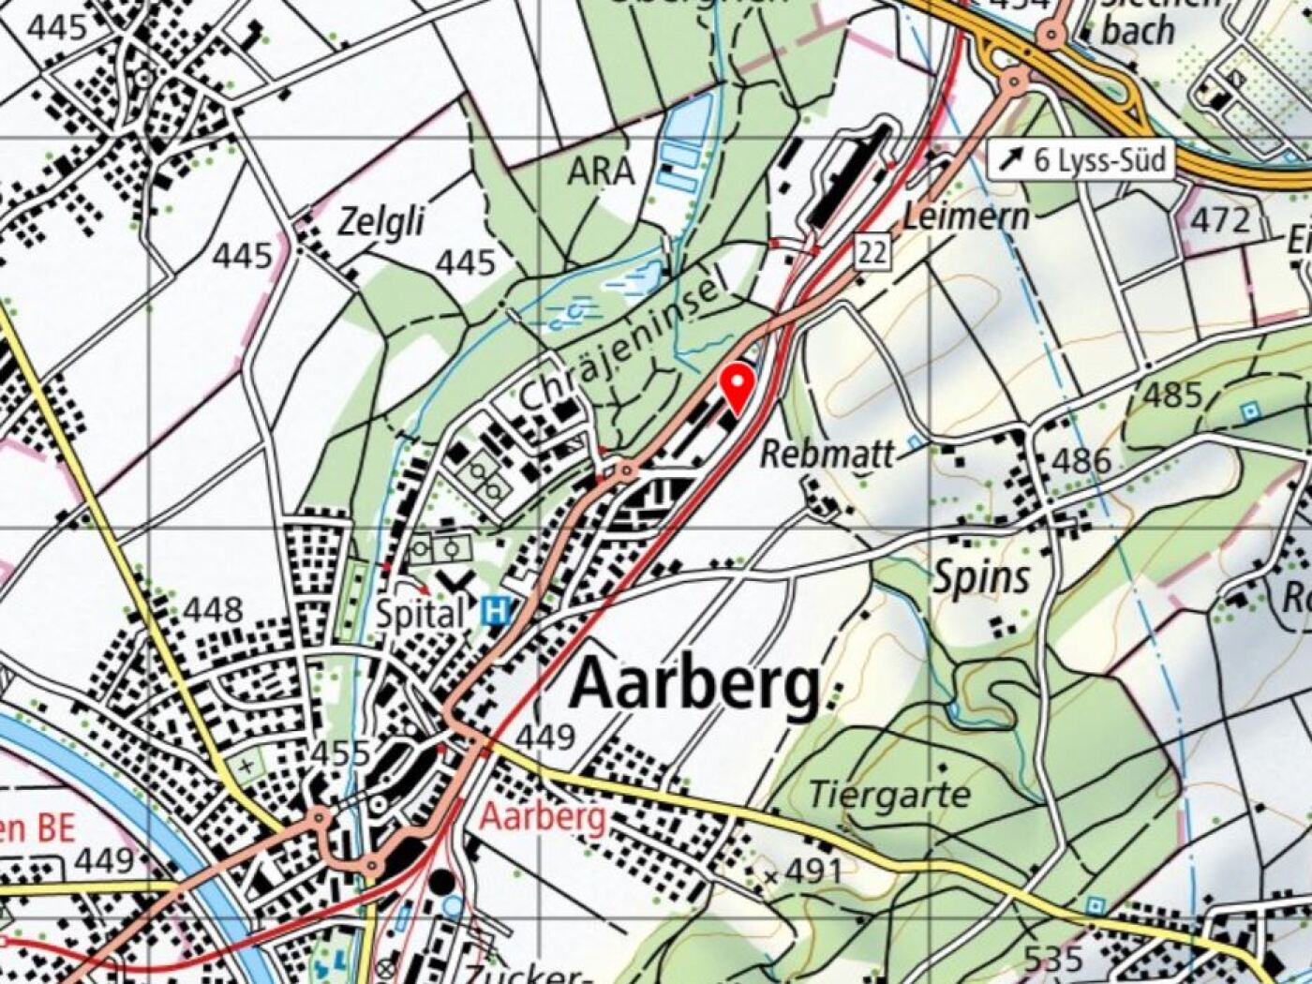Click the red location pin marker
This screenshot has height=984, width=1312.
(x=738, y=388)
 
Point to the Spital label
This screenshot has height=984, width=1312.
(x=420, y=615)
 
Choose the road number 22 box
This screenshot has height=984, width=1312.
(x=872, y=252)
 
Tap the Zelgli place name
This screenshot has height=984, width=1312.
(x=380, y=223)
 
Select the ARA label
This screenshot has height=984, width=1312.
(x=601, y=171)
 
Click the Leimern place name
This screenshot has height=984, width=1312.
(x=965, y=217)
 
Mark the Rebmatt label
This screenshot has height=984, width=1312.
(x=827, y=455)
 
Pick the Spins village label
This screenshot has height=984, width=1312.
(x=981, y=577)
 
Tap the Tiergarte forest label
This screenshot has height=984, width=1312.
(x=888, y=795)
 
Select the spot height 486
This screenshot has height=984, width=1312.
(x=1081, y=461)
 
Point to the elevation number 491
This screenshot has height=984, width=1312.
(x=812, y=872)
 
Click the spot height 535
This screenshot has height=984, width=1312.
(x=1053, y=959)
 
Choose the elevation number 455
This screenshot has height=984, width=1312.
(x=340, y=753)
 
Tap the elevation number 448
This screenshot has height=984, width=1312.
(x=213, y=611)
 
